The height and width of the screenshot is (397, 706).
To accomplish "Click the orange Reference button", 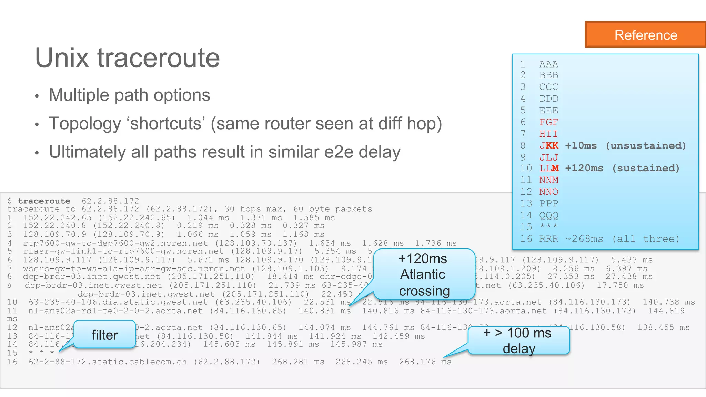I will [645, 35].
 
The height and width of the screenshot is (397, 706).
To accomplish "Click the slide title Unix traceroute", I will [127, 58].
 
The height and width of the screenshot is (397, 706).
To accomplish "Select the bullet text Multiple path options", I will [129, 95].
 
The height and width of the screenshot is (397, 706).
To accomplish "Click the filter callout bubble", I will [104, 335].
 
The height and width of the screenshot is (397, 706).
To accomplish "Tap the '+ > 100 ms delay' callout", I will [518, 340].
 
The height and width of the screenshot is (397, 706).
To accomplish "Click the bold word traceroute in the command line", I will [44, 201].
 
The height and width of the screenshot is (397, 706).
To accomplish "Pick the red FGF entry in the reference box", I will [548, 122].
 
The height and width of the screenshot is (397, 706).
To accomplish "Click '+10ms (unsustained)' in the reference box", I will [625, 145].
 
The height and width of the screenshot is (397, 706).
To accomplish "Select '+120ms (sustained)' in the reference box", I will [622, 168].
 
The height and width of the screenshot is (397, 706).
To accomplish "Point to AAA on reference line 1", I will [548, 64].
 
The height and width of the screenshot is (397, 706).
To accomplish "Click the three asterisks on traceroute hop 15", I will [41, 353].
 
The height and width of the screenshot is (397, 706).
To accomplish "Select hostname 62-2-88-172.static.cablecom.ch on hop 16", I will [108, 362].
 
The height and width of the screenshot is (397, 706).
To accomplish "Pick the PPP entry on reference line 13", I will [548, 203].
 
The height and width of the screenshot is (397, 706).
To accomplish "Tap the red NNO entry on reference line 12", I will [548, 192].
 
